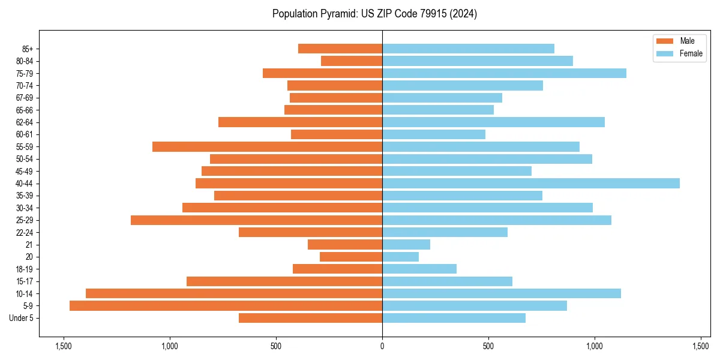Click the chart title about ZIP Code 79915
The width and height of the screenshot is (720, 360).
coord(374,14)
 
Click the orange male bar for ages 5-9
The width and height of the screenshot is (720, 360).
coord(226,306)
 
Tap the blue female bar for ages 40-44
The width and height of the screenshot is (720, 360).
coord(531,184)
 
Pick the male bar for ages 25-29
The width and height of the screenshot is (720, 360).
coord(256,220)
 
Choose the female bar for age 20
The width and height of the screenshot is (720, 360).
coord(400,257)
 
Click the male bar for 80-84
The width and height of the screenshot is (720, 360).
coord(352,61)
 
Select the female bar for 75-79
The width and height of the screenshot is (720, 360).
coord(504,73)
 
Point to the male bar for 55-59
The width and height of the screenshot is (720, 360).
coord(267,147)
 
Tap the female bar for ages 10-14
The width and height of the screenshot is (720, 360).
coord(502,293)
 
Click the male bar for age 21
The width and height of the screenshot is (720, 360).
coord(345,245)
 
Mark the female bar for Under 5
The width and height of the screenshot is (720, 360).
coord(454,318)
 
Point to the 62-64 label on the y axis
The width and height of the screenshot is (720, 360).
coord(25,122)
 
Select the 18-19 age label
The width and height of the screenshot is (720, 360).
coord(25,269)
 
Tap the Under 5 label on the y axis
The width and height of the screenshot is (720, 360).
coord(21,318)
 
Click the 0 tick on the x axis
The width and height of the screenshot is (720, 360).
coord(382,346)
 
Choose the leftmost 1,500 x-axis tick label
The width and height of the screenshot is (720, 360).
coord(63,346)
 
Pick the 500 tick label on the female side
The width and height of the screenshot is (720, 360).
coord(488,346)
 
